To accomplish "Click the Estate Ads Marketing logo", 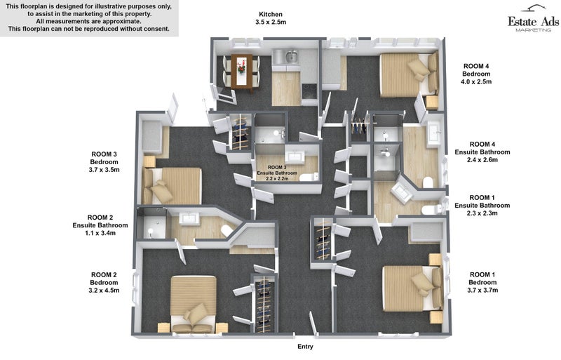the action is point(533,19).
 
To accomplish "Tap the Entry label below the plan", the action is point(305,347).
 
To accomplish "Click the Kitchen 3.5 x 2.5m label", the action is point(271,18).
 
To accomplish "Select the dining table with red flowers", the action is point(241,71).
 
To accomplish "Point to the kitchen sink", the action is point(292,57).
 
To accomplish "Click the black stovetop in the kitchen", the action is point(309,91).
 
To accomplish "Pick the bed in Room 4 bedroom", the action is point(409,75).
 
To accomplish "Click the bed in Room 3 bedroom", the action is point(172,186).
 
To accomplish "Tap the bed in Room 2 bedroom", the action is point(194,304).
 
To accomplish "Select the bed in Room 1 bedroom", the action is point(412,288).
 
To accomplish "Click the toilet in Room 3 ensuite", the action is point(309,177).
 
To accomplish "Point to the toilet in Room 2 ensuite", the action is point(227,231).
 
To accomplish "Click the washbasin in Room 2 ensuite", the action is point(189,219).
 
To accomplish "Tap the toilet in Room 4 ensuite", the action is point(428,182).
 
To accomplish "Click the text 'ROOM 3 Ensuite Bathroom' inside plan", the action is point(277,170).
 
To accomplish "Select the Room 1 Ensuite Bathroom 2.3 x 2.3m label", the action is point(482,205).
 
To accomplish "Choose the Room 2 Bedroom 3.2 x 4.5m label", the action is point(104,282).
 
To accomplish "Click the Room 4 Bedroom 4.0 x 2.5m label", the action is point(476,74).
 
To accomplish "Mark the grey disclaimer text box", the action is point(89,18).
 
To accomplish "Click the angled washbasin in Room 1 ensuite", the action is point(401,190).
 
